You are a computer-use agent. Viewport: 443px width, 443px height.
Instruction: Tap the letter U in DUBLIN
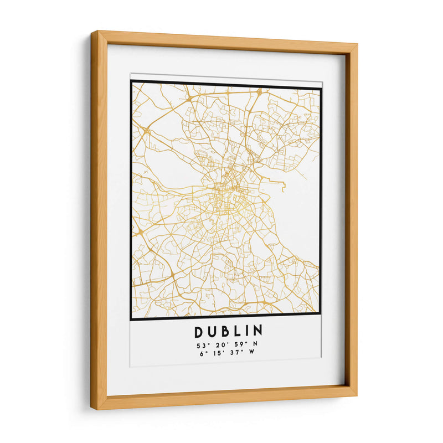click(x=213, y=332)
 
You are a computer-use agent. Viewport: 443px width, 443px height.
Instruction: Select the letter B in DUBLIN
click(x=225, y=332)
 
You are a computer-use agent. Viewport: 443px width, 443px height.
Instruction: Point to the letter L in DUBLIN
click(x=237, y=332)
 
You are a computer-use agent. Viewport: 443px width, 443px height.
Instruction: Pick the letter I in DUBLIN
click(x=246, y=332)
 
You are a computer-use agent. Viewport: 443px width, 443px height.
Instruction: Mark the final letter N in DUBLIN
click(x=257, y=332)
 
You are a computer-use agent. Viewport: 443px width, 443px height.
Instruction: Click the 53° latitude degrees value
click(x=201, y=346)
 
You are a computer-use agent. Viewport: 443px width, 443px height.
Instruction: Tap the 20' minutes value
click(x=220, y=346)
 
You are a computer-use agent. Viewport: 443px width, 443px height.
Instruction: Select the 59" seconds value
click(x=240, y=346)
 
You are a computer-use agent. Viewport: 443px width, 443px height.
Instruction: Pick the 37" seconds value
click(x=237, y=355)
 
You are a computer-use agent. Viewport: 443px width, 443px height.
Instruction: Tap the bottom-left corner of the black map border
click(x=132, y=319)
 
